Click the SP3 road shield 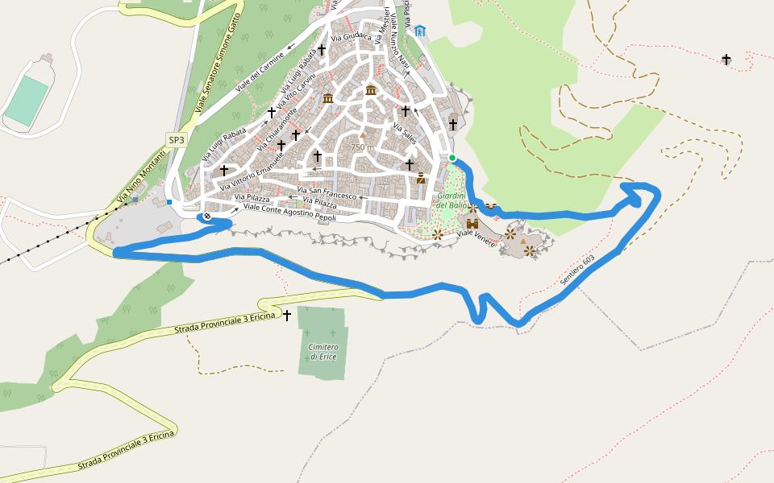click(x=176, y=140)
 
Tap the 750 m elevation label click(x=362, y=147)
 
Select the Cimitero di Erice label click(x=322, y=351)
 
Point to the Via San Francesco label click(x=327, y=194)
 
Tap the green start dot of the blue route click(x=453, y=158)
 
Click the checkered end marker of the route click(x=207, y=216)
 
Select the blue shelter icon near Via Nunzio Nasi click(x=420, y=31)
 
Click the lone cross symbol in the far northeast click(x=726, y=60)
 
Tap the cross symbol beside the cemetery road click(x=287, y=316)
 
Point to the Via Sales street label click(x=405, y=129)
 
